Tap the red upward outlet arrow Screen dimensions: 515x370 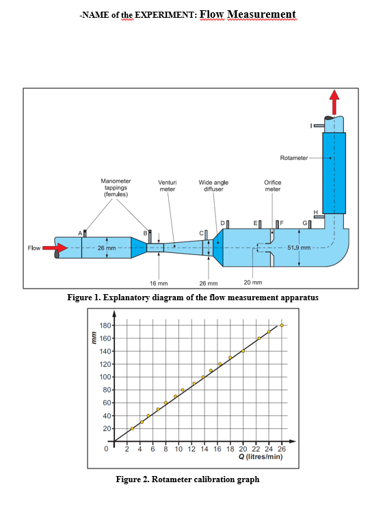[334, 103]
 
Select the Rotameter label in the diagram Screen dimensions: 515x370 [294, 158]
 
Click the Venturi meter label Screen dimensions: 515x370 [168, 186]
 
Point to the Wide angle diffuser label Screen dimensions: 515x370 [213, 186]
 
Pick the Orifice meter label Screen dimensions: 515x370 [272, 186]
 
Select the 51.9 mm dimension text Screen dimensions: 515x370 [299, 247]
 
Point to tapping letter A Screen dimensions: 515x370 [79, 233]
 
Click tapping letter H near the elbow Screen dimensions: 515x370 [315, 212]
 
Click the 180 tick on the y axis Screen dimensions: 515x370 [106, 326]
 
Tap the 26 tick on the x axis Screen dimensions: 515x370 [282, 449]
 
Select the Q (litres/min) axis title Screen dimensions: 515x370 [262, 458]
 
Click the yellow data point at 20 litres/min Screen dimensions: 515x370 [243, 351]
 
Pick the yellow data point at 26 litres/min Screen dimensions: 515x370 [282, 326]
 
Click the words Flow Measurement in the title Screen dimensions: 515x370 [248, 14]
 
